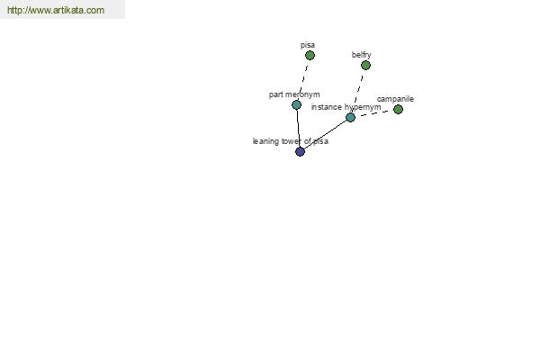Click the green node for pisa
(310, 55)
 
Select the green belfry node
(365, 65)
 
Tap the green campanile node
(398, 109)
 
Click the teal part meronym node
(296, 104)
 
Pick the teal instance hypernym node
(350, 118)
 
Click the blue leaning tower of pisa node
(300, 151)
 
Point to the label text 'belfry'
(361, 55)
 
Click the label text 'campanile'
(395, 99)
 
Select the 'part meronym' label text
(294, 94)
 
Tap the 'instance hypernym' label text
(346, 107)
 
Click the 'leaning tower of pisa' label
(291, 141)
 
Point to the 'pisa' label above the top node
(308, 45)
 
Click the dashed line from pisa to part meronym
(303, 80)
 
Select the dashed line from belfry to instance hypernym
(358, 91)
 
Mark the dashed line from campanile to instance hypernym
(374, 113)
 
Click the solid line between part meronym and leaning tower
(298, 128)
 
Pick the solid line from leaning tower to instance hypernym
(325, 134)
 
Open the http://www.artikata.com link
(56, 10)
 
